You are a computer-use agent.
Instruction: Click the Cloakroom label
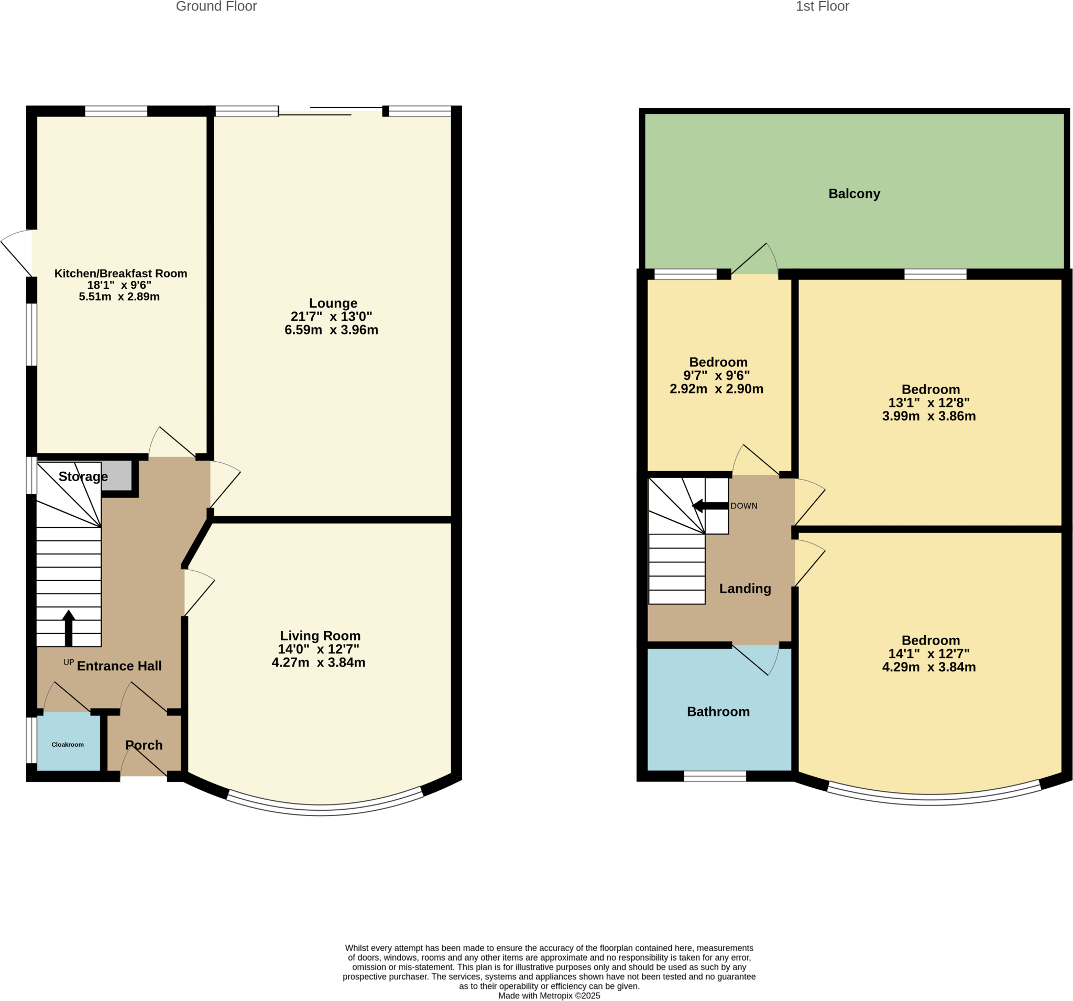coord(68,745)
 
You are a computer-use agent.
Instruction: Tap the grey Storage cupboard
coord(117,476)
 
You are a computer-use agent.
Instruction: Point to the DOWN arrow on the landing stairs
coord(710,506)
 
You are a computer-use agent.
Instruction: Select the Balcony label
coord(854,194)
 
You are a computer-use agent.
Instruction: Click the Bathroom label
coord(718,712)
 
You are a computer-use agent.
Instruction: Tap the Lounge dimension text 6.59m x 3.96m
coord(331,330)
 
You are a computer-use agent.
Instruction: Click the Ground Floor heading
coord(216,6)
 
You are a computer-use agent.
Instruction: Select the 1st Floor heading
coord(822,6)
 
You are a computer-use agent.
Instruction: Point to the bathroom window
coord(715,776)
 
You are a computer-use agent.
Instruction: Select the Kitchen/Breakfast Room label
coord(121,273)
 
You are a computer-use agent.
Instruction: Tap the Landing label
coord(745,589)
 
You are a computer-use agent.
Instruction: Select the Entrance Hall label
coord(119,666)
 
